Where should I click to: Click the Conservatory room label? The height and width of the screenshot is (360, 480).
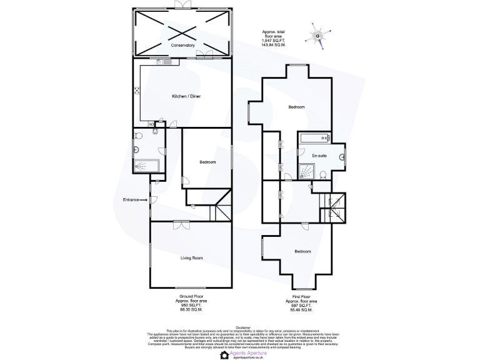click(x=183, y=46)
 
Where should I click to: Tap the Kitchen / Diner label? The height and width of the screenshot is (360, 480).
click(x=186, y=96)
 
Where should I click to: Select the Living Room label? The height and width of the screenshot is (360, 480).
click(x=192, y=257)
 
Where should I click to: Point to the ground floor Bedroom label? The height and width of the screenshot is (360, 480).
click(x=207, y=162)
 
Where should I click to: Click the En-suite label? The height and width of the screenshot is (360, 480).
click(x=319, y=155)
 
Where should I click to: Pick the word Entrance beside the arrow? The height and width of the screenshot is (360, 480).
click(x=131, y=200)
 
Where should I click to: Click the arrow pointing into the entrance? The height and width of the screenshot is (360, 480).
click(x=144, y=200)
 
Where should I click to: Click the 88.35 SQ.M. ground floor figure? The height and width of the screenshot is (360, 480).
click(x=192, y=309)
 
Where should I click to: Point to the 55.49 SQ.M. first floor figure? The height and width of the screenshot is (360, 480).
click(x=302, y=309)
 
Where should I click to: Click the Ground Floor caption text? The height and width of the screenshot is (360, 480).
click(x=192, y=296)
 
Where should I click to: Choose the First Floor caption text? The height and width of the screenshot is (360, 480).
click(x=302, y=296)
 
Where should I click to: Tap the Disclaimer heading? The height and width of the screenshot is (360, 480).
click(x=240, y=326)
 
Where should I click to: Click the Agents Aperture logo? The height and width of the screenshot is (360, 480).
click(x=240, y=351)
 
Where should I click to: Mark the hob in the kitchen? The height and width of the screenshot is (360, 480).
click(x=136, y=91)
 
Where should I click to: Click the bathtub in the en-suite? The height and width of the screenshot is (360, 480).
click(x=315, y=138)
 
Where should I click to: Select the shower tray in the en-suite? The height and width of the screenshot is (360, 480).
click(x=307, y=170)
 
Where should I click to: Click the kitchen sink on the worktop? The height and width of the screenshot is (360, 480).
click(x=160, y=62)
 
